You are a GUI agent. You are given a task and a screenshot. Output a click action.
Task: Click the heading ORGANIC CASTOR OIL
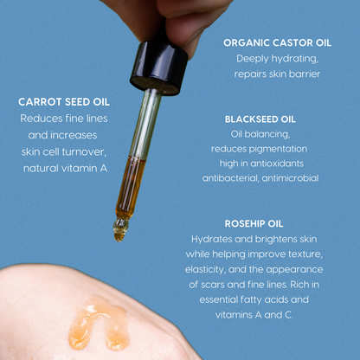click(x=278, y=42)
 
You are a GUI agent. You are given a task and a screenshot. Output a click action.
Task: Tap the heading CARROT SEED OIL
click(x=64, y=102)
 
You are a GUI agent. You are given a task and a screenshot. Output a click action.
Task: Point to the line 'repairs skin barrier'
click(x=277, y=74)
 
